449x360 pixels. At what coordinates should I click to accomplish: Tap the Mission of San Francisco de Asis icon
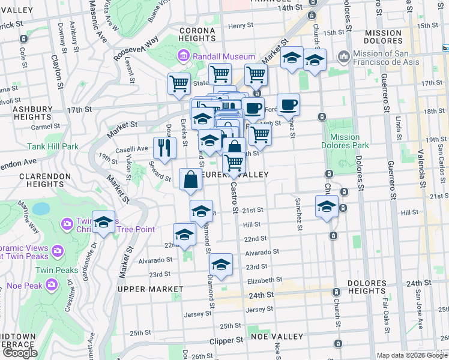(344, 57)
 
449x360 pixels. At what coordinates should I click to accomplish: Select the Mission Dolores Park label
(345, 141)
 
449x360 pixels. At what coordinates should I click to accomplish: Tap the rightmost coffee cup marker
(288, 103)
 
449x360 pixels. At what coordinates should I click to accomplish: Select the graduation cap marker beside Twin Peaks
(103, 222)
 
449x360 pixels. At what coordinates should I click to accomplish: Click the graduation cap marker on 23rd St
(221, 264)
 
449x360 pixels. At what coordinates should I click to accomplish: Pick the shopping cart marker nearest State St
(220, 74)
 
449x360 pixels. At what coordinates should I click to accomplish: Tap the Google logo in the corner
(19, 353)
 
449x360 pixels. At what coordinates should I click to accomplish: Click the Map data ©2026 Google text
(412, 355)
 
